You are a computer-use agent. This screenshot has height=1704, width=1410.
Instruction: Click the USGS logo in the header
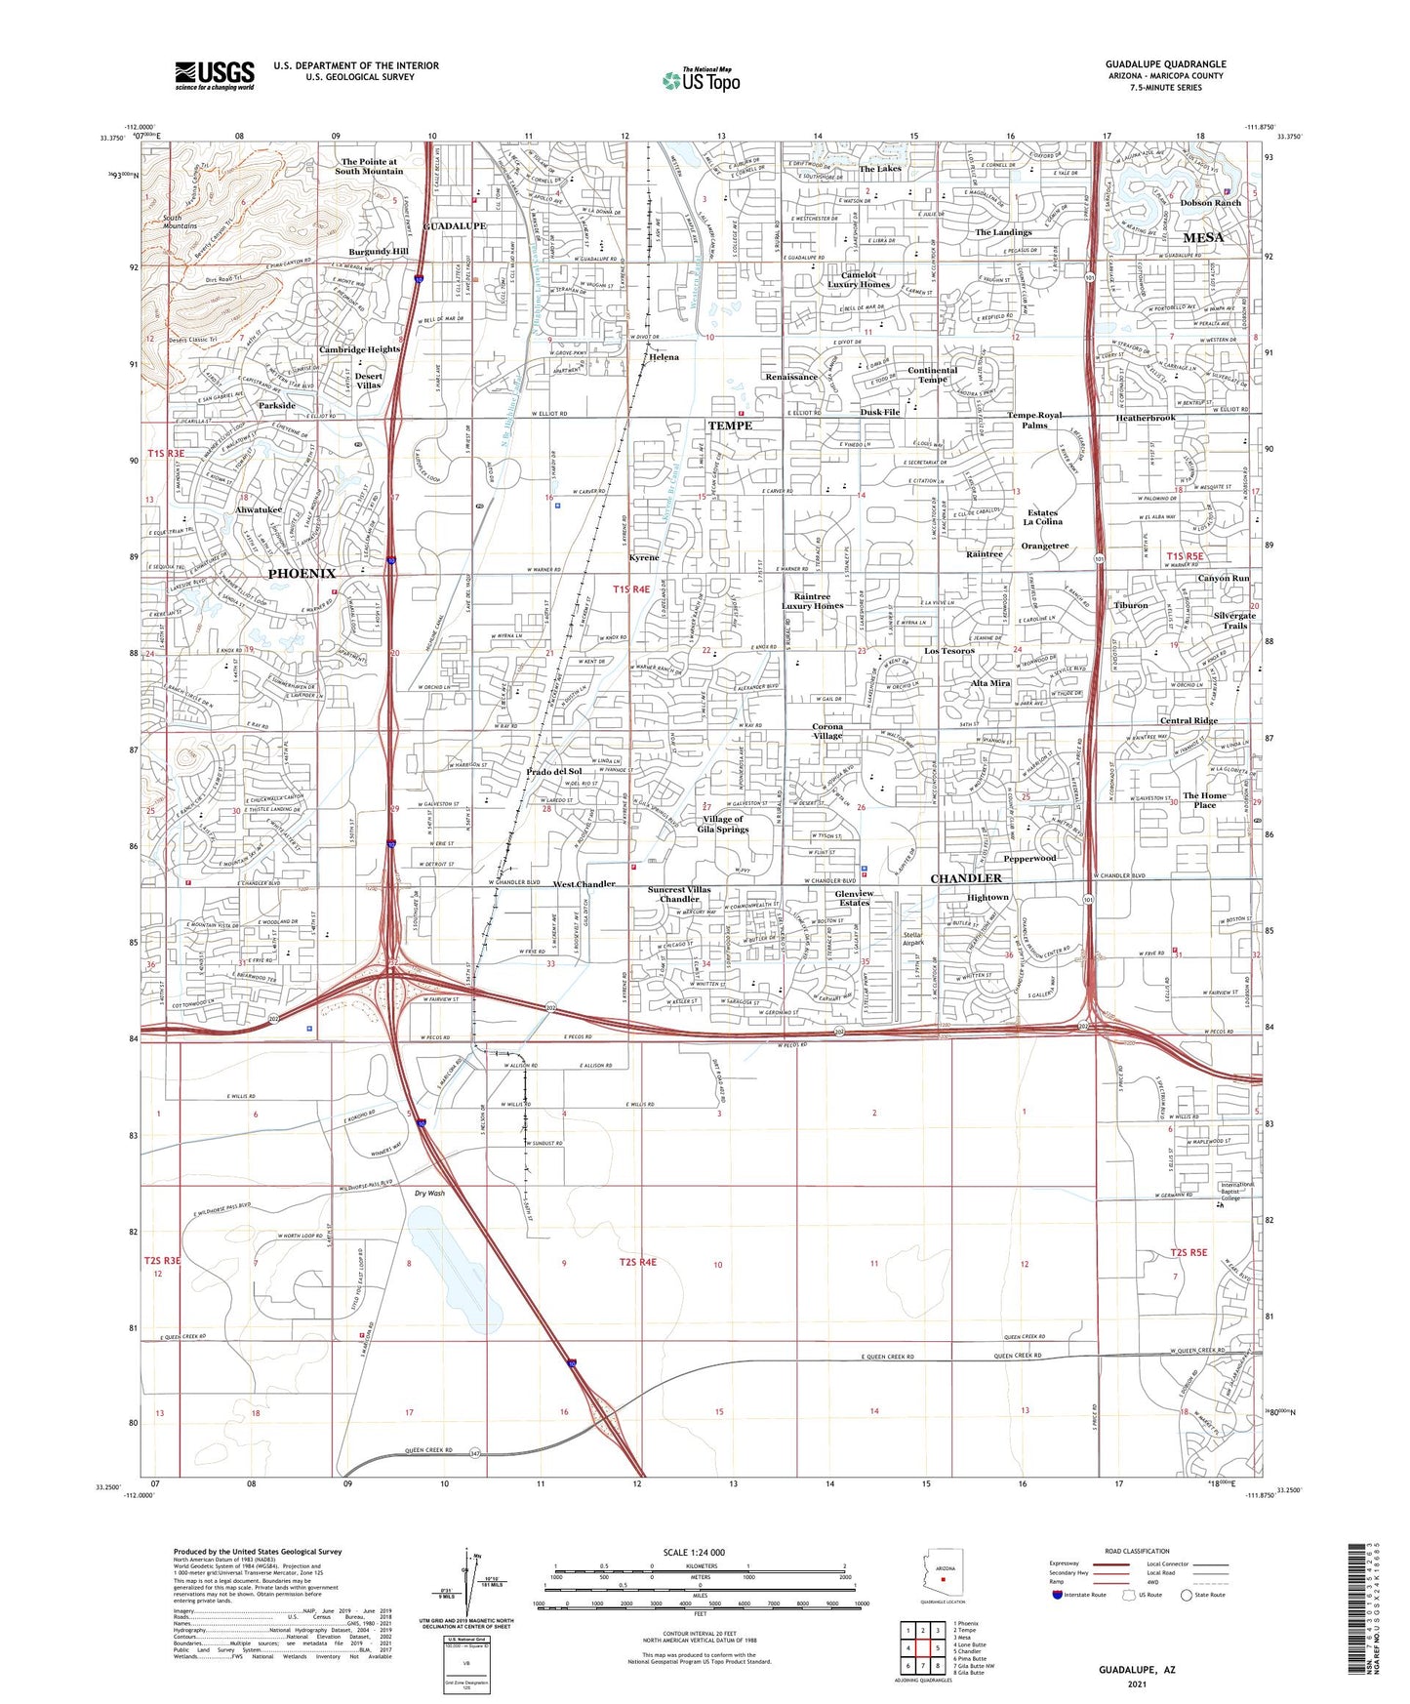[x=215, y=74]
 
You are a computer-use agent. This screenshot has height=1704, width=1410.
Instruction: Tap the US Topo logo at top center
[x=700, y=80]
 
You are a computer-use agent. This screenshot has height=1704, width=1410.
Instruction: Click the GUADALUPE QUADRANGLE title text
[x=1165, y=64]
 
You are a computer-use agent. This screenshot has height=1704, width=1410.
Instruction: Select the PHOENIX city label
[x=302, y=573]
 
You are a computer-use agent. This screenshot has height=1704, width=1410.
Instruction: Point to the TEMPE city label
[x=729, y=426]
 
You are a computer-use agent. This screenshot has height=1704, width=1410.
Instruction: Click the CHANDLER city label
[x=966, y=878]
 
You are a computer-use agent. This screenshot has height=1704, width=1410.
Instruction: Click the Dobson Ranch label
[x=1210, y=203]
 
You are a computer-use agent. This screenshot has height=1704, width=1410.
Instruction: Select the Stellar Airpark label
[x=912, y=939]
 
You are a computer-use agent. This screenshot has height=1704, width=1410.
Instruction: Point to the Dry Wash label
[x=429, y=1193]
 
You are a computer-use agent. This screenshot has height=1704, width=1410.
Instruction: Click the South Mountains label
[x=180, y=222]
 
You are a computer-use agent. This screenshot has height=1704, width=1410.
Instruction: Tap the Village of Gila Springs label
[x=722, y=824]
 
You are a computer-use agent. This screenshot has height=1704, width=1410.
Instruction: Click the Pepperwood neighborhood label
[x=1029, y=858]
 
